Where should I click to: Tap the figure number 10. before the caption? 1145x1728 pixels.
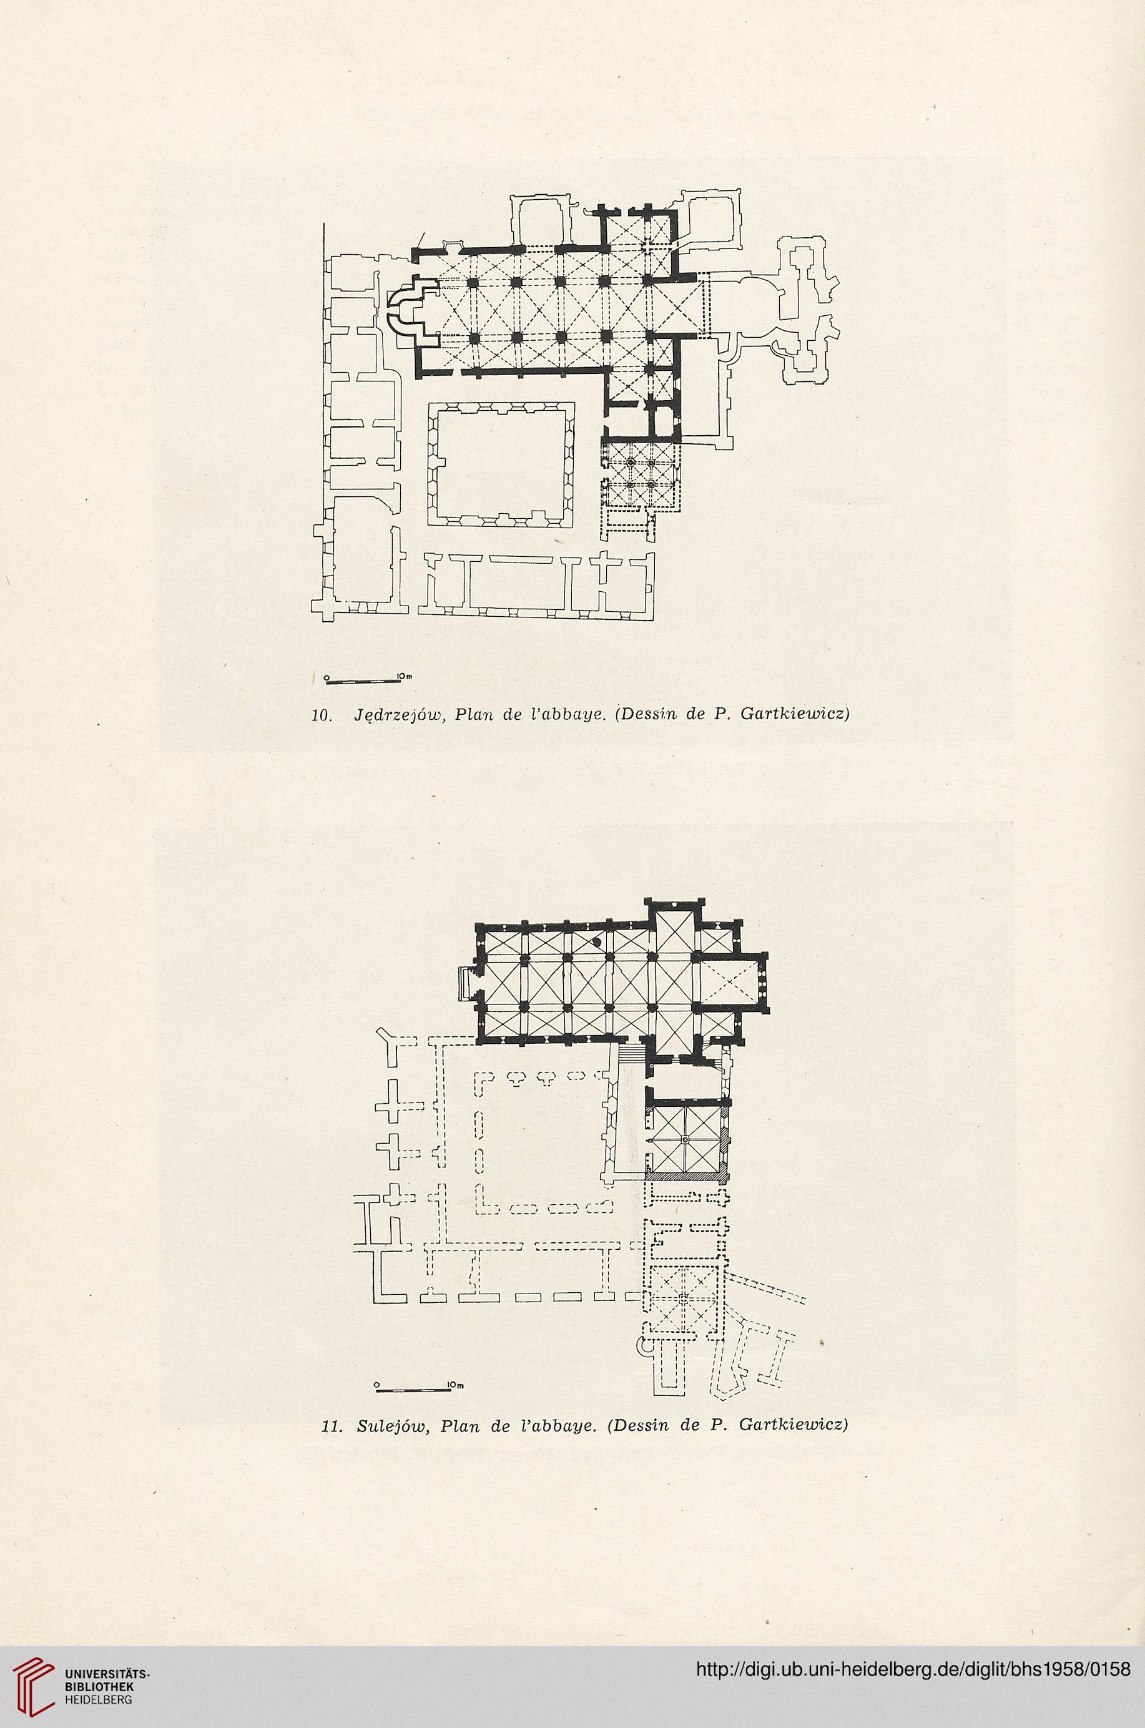pyautogui.click(x=322, y=715)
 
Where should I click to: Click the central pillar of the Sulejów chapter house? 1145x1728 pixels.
pyautogui.click(x=684, y=1141)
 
